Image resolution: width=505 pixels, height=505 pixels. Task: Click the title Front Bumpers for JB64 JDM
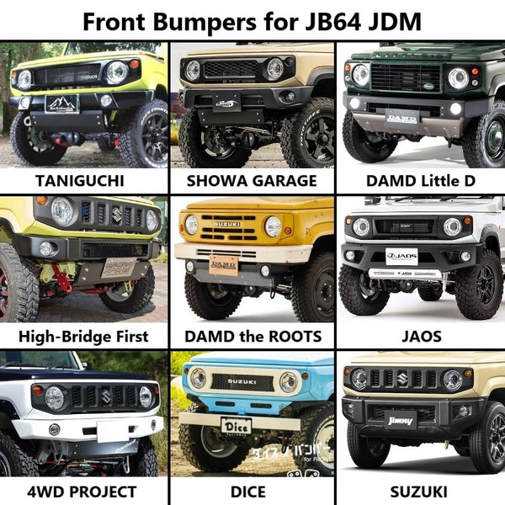point(252,19)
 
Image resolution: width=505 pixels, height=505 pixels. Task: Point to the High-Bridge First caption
point(82,337)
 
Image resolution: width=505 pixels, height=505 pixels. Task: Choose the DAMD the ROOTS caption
point(252,337)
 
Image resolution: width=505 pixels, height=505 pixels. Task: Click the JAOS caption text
point(421,337)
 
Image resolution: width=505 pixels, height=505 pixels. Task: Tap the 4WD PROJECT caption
point(82,492)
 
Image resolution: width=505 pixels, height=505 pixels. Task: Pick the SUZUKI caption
point(421,492)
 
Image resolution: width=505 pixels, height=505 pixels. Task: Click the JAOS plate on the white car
point(402,256)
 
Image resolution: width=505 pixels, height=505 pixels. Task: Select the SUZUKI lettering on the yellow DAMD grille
point(227,225)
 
